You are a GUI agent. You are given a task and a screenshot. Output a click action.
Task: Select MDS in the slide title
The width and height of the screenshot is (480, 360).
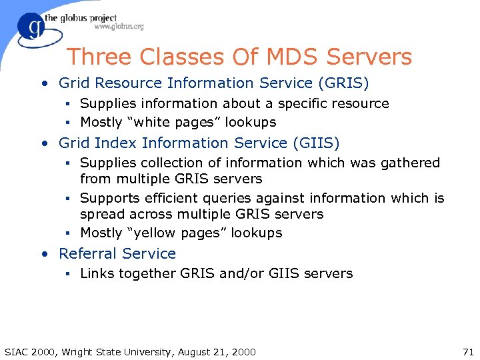267,57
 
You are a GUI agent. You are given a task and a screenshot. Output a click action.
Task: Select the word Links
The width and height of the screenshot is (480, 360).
97,273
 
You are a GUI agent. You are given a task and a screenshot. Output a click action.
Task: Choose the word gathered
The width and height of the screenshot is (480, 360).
409,163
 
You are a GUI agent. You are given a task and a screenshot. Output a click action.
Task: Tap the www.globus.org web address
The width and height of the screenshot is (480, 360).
119,27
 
